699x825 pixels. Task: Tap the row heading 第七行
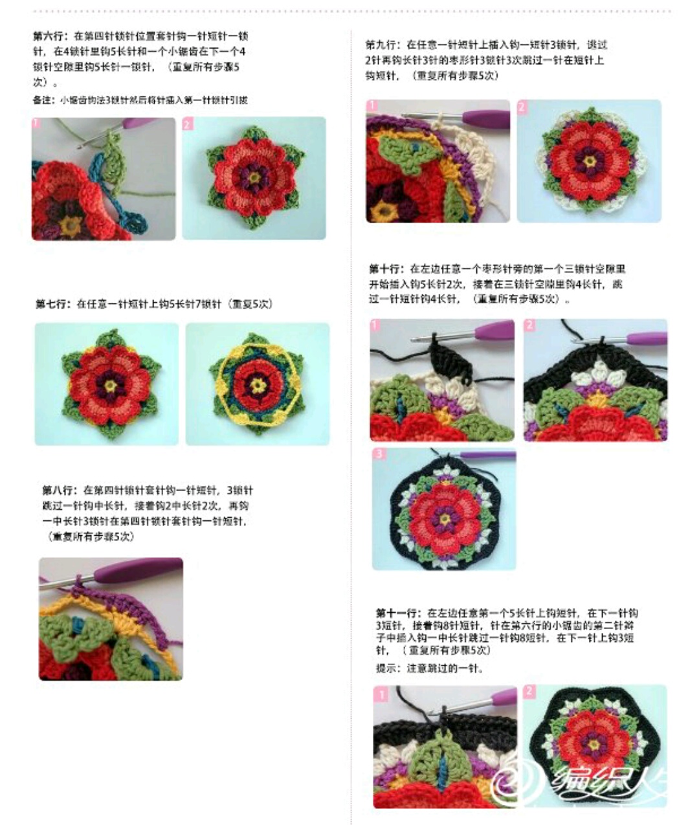click(x=52, y=303)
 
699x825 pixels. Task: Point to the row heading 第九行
click(x=381, y=45)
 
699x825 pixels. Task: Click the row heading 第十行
click(x=386, y=269)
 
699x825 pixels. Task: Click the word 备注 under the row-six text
click(x=42, y=100)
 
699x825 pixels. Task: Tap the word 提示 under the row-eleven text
click(x=386, y=668)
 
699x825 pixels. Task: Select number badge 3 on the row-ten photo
click(x=379, y=454)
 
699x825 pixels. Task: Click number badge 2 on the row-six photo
click(x=188, y=123)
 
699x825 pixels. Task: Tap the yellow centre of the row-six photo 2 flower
click(x=254, y=176)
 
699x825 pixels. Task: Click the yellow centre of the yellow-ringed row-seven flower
click(x=258, y=385)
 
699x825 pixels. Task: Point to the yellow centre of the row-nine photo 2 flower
click(x=590, y=160)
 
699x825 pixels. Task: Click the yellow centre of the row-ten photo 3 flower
click(x=444, y=518)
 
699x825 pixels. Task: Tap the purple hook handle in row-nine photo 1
click(x=485, y=118)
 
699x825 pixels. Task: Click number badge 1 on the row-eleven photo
click(x=381, y=694)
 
